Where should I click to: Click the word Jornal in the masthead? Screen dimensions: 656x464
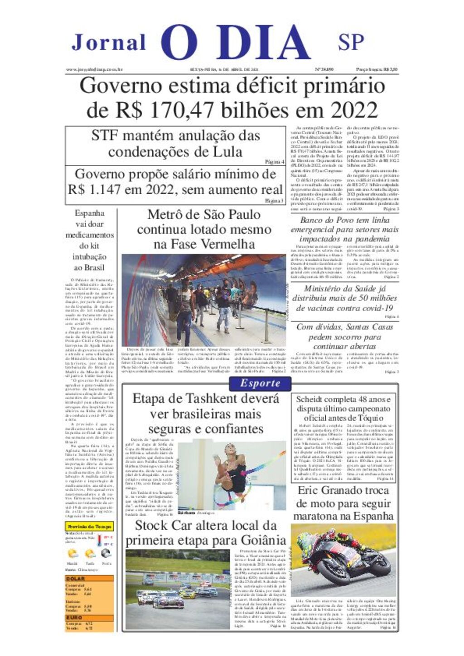coord(109,42)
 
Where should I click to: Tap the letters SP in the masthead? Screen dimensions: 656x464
coord(351,42)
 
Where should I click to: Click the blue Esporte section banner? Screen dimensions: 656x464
coord(260,383)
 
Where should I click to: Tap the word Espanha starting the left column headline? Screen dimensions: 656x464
coord(89,213)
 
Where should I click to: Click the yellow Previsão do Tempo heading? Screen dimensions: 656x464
coord(89,527)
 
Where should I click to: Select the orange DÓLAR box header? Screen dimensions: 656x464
coord(76,579)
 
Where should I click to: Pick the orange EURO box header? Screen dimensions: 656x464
coord(74,618)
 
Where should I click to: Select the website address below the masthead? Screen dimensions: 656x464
coord(95,70)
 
